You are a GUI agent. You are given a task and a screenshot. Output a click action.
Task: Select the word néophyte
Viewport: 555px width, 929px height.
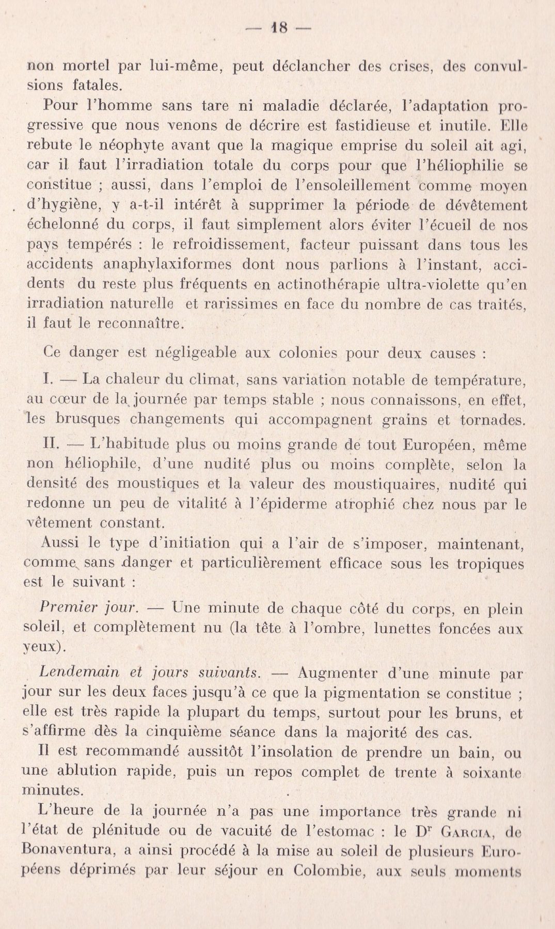point(106,146)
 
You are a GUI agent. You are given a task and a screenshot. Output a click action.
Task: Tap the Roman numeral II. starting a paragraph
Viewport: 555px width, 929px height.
point(53,444)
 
